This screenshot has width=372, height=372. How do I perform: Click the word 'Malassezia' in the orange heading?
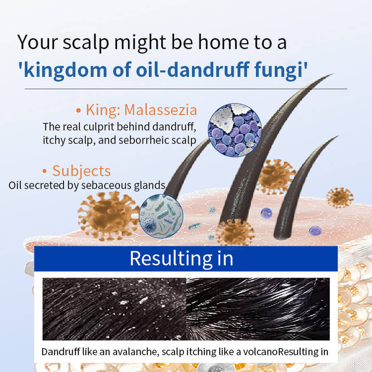point(161,110)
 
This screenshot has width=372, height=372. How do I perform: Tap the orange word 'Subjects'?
point(81,171)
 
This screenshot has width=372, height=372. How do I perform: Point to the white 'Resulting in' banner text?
point(181,258)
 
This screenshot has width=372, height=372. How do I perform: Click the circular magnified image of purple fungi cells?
point(235,130)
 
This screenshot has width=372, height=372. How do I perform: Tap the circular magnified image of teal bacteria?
point(161,216)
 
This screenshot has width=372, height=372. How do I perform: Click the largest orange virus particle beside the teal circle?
point(108,216)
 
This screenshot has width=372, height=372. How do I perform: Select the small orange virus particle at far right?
point(339,198)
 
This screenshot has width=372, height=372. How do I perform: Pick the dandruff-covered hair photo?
point(114,309)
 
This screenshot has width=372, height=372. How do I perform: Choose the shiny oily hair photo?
point(258,309)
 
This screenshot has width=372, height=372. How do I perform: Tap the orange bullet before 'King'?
point(79,110)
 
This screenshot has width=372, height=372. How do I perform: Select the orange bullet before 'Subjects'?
point(44,171)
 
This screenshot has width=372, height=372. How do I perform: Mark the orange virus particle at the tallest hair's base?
point(235,232)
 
